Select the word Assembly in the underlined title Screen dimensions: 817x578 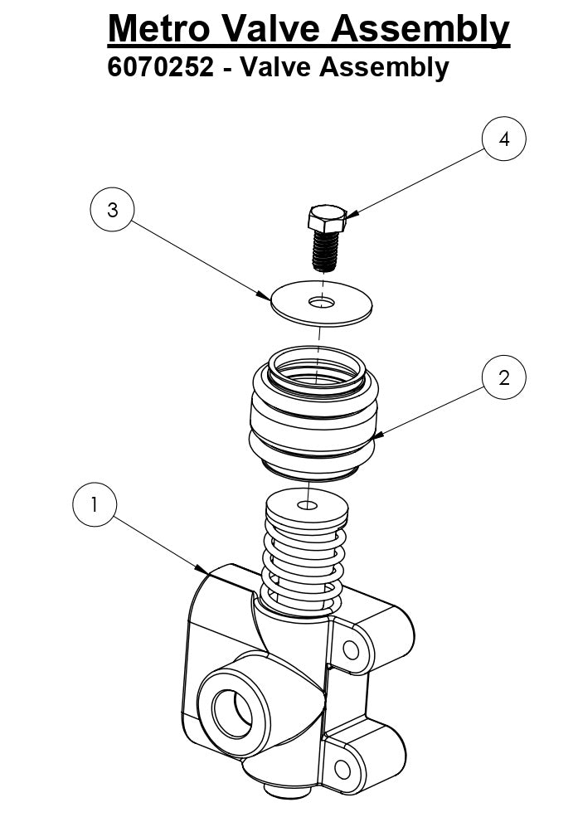[420, 30]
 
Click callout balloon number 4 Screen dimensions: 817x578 [503, 139]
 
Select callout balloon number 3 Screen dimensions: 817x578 [112, 211]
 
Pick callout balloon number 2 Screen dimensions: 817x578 [503, 378]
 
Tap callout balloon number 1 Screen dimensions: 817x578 [95, 504]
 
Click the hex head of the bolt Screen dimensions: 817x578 [324, 220]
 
